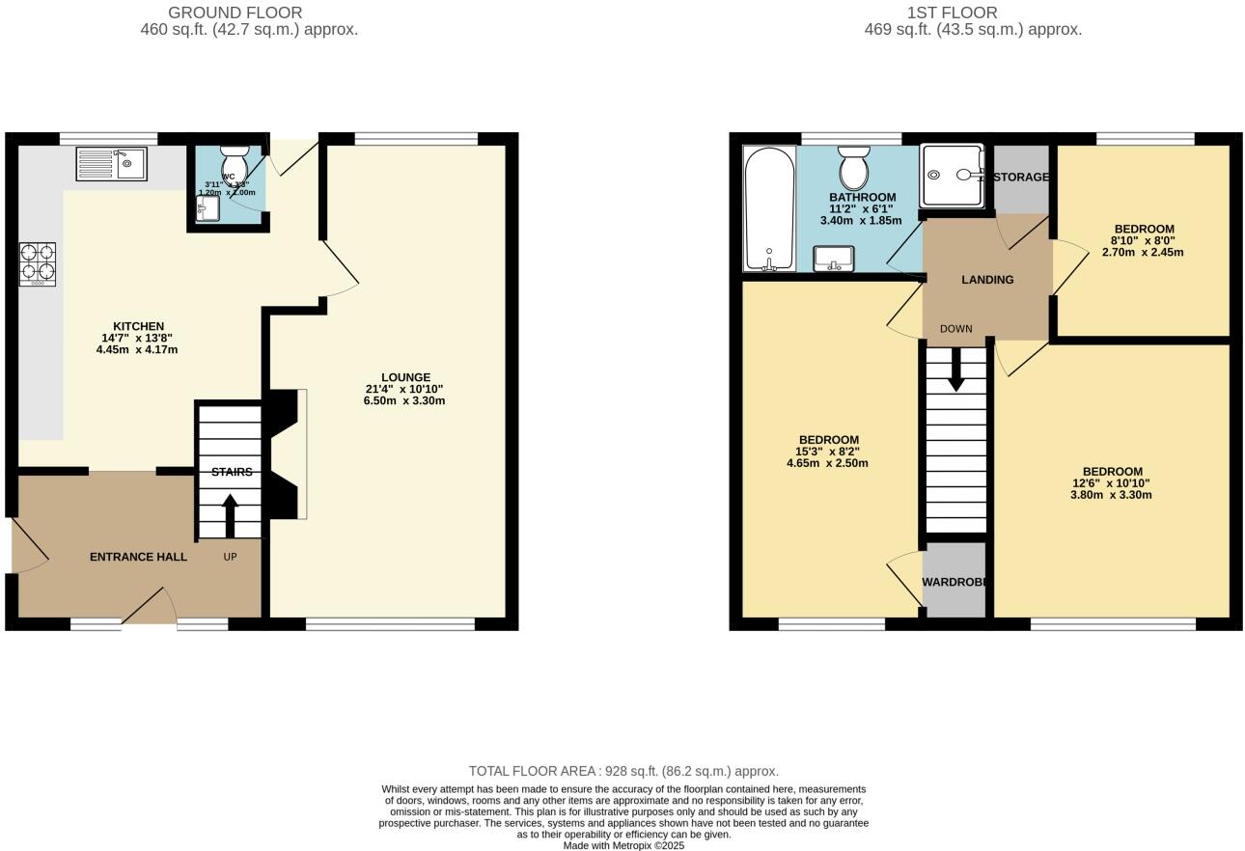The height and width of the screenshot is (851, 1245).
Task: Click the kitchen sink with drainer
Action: point(111,164)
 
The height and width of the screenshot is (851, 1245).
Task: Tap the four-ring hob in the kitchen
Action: point(38,263)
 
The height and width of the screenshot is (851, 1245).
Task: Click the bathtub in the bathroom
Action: point(769,208)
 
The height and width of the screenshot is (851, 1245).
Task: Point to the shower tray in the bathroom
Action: point(952,176)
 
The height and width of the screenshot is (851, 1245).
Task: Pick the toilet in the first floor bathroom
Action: point(853,168)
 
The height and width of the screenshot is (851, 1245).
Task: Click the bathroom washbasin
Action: point(833,259)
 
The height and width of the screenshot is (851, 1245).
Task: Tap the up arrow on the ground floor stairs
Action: point(230,515)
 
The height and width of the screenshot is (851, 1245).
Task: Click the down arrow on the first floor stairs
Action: point(955,369)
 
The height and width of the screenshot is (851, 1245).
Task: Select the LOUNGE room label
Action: point(405,377)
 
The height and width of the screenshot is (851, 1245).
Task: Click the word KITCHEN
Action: point(138,326)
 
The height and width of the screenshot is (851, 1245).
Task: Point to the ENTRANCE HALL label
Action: point(138,557)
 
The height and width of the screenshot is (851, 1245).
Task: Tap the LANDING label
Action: point(987,280)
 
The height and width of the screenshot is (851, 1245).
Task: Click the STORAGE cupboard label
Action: point(1020,178)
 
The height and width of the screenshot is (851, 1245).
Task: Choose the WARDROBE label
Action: point(954,582)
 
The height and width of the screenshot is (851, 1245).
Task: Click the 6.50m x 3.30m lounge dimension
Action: point(404,400)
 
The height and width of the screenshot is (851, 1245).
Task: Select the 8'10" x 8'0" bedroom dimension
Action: point(1143,241)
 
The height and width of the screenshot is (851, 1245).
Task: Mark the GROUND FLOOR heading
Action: point(235,13)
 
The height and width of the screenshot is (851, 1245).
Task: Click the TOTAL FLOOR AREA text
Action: point(623,771)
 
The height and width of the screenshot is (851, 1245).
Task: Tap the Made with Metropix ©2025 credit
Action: point(623,845)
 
